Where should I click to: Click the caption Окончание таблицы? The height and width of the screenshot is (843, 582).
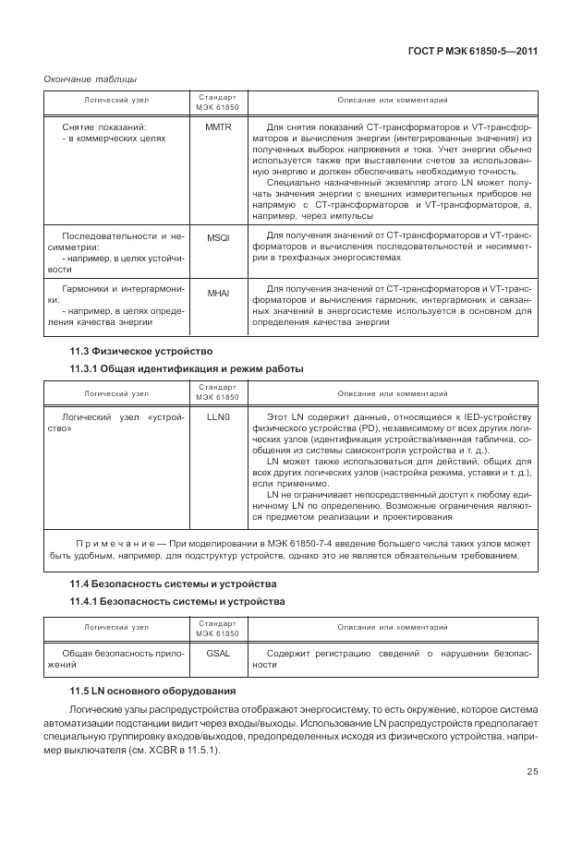tap(85, 78)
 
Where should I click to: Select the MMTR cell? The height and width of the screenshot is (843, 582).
tap(218, 126)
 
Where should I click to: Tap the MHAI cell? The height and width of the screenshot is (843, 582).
tap(218, 293)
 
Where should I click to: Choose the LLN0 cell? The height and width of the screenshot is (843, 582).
tap(218, 417)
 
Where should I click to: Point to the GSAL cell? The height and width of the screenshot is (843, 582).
tap(218, 653)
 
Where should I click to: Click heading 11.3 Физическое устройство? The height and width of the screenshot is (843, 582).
tap(141, 351)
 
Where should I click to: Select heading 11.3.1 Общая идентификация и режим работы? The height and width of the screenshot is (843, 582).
tap(187, 369)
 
